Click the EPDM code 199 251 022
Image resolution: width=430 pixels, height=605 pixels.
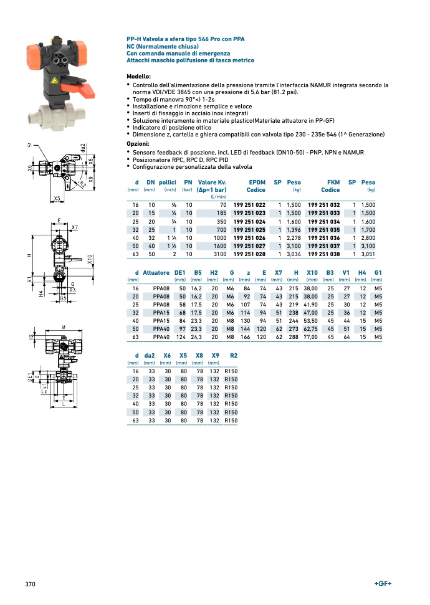point(249,205)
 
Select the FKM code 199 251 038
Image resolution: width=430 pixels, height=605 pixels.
point(324,254)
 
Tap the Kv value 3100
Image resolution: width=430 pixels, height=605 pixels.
point(220,254)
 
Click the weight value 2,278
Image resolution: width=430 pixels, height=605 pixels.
point(294,237)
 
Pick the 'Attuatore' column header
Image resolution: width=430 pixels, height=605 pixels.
point(156,272)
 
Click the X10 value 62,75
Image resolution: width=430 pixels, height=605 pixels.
point(310,329)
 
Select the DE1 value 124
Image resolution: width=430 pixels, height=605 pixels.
point(181,337)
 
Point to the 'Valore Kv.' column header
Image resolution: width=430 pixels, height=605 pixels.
point(212,182)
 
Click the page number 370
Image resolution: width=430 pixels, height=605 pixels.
point(30,584)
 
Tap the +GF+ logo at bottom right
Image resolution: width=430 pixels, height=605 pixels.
point(383,583)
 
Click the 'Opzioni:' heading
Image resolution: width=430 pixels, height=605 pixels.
point(138,144)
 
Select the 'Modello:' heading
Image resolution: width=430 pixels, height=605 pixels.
point(138,77)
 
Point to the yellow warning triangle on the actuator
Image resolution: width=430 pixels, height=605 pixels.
point(54,80)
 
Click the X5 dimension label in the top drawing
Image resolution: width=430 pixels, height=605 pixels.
point(57,198)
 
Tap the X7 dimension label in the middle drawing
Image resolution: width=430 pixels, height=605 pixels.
point(75,227)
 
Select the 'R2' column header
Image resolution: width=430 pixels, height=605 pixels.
point(234,355)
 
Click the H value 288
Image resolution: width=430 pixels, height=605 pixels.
point(294,337)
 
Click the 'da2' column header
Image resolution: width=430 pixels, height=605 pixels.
point(150,355)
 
